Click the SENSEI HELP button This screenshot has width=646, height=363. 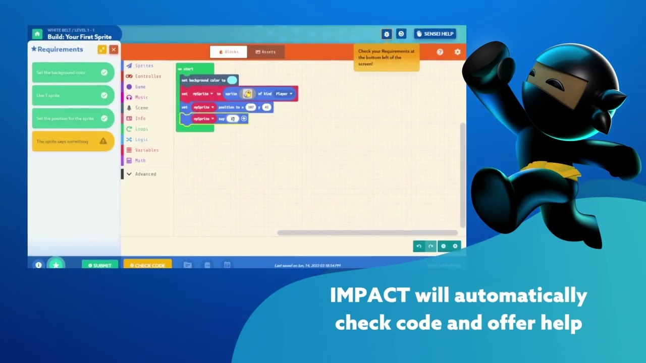(435, 34)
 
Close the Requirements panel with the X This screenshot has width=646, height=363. (114, 49)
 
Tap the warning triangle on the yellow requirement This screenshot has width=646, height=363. (103, 141)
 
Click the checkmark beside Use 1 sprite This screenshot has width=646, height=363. (104, 95)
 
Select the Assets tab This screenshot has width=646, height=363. (265, 52)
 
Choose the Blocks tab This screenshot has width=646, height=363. (229, 52)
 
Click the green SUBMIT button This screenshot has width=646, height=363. (100, 265)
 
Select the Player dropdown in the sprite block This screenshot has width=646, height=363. (284, 94)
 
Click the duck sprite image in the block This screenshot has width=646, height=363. (247, 94)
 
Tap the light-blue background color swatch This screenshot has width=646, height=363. (232, 80)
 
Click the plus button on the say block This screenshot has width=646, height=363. (244, 118)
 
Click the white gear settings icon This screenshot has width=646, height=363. (457, 52)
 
